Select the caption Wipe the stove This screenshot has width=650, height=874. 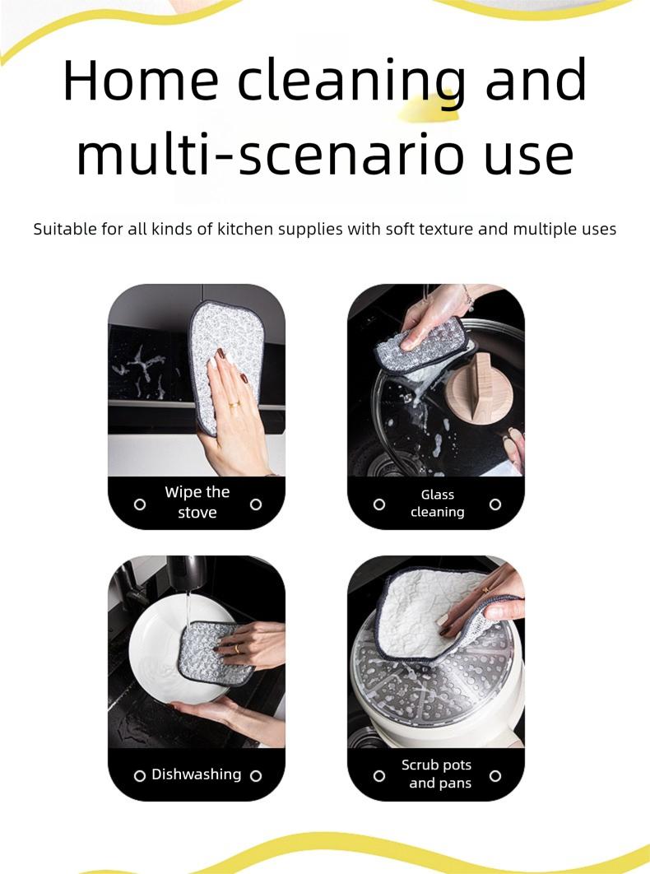[x=197, y=502]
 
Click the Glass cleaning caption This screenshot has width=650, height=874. [x=437, y=503]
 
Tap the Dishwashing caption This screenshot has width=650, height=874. [x=197, y=774]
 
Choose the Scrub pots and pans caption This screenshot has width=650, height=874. [x=437, y=774]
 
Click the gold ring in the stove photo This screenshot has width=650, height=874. [x=234, y=404]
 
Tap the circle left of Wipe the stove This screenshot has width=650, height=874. [x=140, y=504]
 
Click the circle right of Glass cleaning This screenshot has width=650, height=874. [x=495, y=504]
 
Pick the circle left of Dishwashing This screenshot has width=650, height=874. [x=140, y=775]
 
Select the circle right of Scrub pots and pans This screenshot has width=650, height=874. [x=495, y=775]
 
